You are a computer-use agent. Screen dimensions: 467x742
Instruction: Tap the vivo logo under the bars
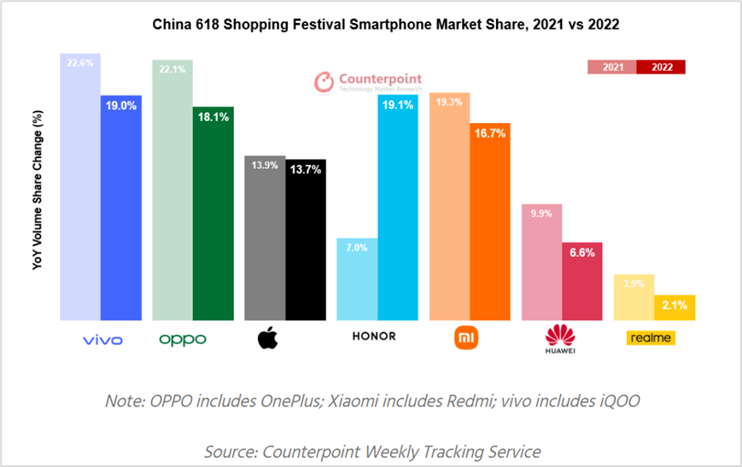click(x=102, y=340)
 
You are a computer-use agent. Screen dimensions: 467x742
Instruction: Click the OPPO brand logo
click(x=183, y=340)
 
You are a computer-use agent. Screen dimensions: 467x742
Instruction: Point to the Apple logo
click(x=268, y=338)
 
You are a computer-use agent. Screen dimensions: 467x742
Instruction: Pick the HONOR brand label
click(x=374, y=336)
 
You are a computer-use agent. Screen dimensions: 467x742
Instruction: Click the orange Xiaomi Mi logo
click(x=466, y=338)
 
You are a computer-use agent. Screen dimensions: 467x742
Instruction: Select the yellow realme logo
click(x=652, y=338)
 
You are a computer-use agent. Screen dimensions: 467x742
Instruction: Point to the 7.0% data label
click(x=357, y=248)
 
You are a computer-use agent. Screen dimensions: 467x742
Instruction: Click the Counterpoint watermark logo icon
click(x=324, y=82)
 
